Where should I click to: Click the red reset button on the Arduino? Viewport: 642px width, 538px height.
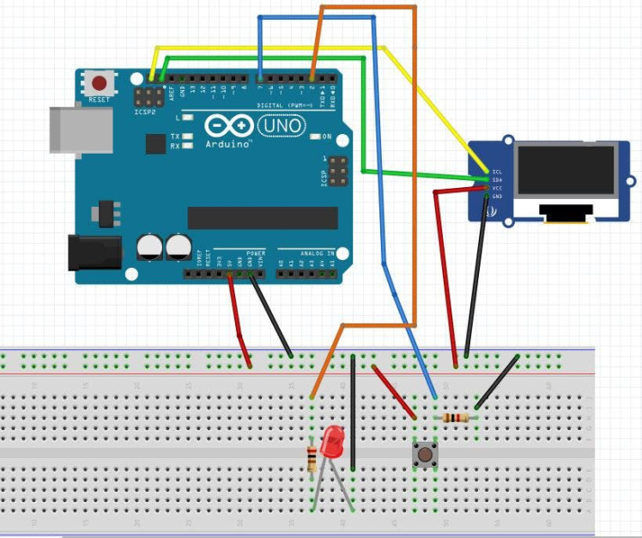pos(100,83)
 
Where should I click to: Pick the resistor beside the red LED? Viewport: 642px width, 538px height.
pos(312,459)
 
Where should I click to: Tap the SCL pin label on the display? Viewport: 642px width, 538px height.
pos(497,172)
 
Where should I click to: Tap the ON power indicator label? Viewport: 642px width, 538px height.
pos(327,136)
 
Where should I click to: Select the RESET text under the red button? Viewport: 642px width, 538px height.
pos(100,100)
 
